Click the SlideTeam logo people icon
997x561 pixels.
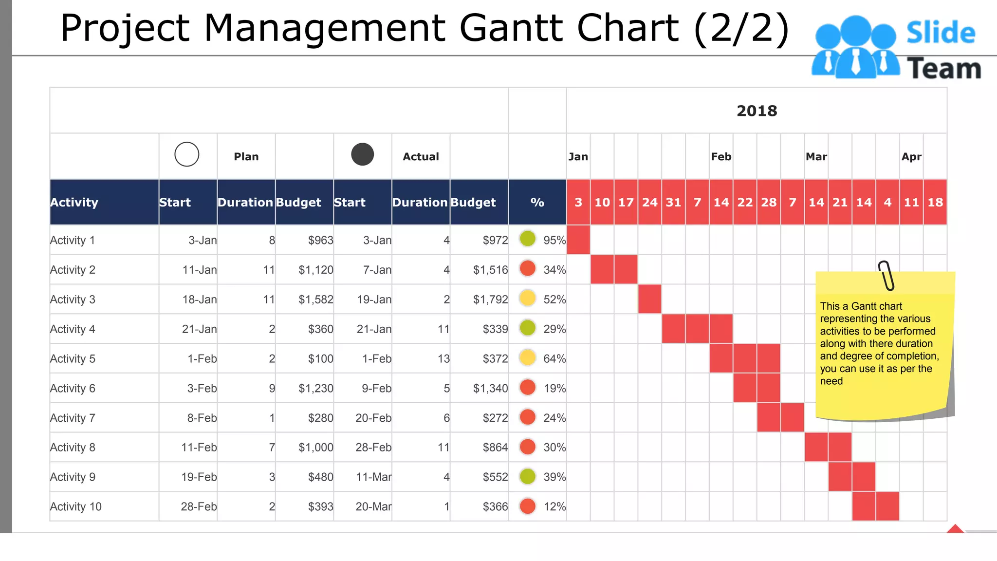pos(855,48)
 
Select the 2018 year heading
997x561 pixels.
pos(757,111)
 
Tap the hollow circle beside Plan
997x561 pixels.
pos(187,154)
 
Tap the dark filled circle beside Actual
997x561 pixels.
pos(362,154)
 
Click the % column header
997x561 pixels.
pos(537,203)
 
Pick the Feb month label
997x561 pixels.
pos(720,157)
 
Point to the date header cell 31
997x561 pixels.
pos(673,203)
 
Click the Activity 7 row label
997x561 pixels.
pos(73,418)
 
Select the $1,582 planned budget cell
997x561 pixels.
pos(315,299)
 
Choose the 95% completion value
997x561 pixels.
pos(554,240)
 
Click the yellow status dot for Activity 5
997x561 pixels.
pos(527,358)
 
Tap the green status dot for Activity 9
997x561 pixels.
pos(527,476)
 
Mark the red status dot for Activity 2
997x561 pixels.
pos(527,269)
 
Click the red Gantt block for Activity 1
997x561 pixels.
pos(578,240)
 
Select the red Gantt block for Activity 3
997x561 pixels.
pos(649,299)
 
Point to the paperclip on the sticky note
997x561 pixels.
pos(886,276)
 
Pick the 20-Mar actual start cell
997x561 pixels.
pos(373,506)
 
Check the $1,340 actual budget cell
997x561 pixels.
pos(490,388)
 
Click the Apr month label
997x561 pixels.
pos(911,157)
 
